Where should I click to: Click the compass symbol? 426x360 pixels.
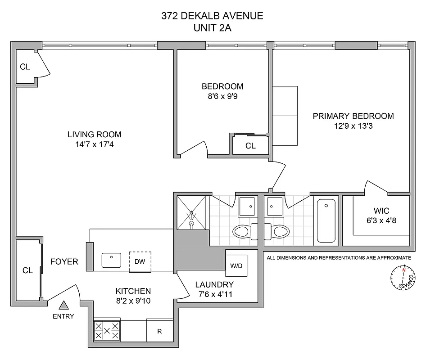(402, 278)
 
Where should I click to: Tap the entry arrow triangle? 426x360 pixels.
(64, 306)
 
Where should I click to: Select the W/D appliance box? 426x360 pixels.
(236, 265)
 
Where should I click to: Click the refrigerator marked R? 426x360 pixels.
(159, 331)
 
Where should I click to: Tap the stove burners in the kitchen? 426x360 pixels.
(107, 331)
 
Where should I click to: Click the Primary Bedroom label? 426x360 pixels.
(353, 116)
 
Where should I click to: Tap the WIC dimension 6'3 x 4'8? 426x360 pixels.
(381, 220)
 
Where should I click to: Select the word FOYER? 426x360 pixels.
(64, 261)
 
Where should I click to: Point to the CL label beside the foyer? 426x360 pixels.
(27, 270)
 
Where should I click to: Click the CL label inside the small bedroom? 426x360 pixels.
(250, 146)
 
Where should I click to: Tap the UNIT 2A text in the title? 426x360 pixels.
(212, 27)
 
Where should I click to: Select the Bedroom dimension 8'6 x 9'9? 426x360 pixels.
(222, 96)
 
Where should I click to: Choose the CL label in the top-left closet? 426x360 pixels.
(25, 67)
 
